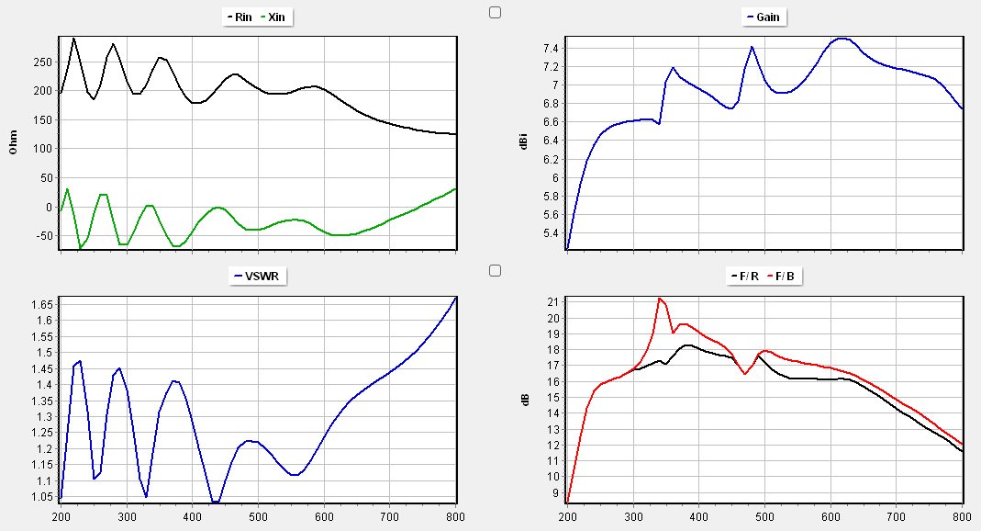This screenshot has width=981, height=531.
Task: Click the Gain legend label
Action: pyautogui.click(x=766, y=17)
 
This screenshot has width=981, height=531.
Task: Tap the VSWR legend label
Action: pyautogui.click(x=258, y=276)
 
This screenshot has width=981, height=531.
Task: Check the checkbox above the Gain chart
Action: pyautogui.click(x=496, y=12)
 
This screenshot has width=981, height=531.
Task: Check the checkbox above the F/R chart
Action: pyautogui.click(x=496, y=270)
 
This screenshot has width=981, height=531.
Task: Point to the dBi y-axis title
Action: pyautogui.click(x=522, y=142)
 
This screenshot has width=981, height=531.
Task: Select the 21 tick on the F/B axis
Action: pyautogui.click(x=552, y=302)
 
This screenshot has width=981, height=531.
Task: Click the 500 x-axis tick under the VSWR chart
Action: pyautogui.click(x=258, y=516)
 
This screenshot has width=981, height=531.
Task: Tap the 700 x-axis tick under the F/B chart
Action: pyautogui.click(x=897, y=516)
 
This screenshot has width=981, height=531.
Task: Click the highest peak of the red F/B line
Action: pyautogui.click(x=659, y=299)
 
